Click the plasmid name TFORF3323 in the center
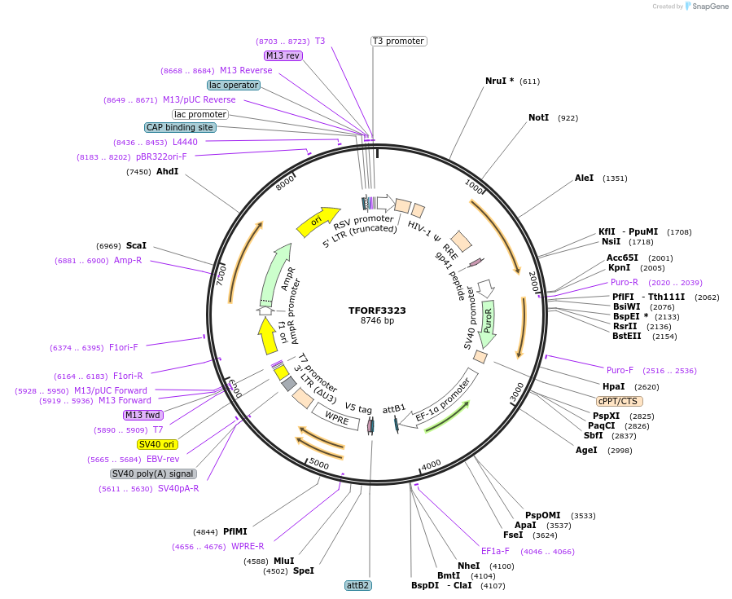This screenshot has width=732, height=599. [377, 311]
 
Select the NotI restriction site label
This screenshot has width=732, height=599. [539, 118]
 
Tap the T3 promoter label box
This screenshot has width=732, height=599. [398, 41]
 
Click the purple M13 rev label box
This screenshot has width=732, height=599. [283, 55]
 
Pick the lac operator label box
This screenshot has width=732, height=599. [234, 85]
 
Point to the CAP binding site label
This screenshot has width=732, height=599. [180, 127]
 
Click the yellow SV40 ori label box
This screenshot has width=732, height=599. [157, 444]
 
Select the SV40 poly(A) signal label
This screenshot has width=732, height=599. [153, 473]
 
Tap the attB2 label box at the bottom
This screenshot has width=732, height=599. [358, 585]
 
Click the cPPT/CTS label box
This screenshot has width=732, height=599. [618, 401]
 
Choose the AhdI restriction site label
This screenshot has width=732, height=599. [167, 172]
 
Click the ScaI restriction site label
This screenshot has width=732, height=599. [136, 245]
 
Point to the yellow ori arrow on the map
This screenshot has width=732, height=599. [314, 220]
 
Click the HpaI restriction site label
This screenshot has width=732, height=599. [614, 387]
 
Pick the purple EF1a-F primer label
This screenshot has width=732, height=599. [495, 552]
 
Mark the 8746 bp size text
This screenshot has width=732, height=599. [377, 321]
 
